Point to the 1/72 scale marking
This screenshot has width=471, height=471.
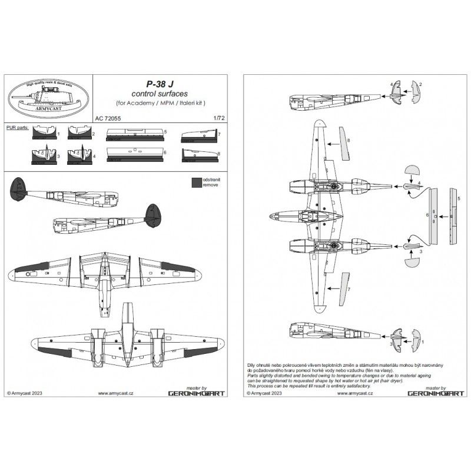(220, 117)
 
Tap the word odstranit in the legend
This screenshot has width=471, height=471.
(213, 178)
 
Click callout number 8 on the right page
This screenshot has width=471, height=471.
(349, 140)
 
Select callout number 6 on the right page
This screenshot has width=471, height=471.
(426, 216)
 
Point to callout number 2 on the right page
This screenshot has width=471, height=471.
(420, 84)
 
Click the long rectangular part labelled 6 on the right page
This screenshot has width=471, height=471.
(434, 218)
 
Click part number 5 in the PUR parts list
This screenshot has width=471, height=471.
(165, 133)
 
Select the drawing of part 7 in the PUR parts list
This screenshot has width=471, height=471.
(197, 137)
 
